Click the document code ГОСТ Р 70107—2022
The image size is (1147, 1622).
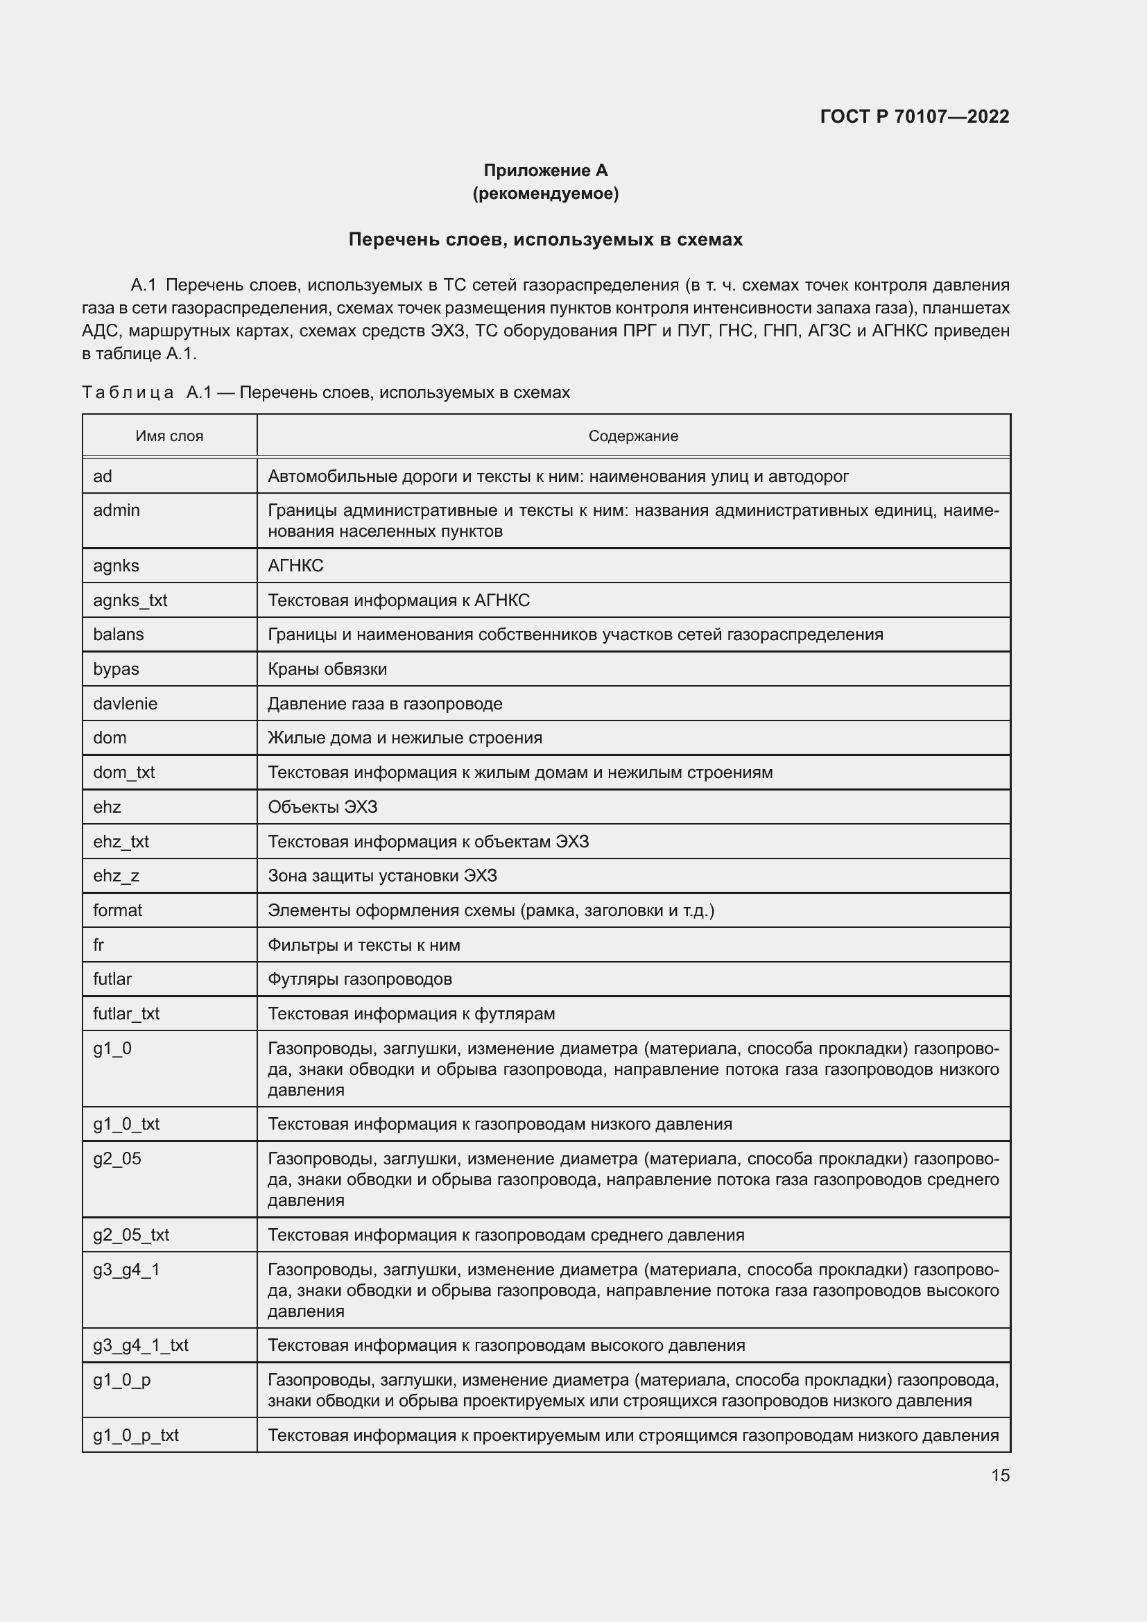coord(914,117)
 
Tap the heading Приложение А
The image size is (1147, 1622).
coord(545,171)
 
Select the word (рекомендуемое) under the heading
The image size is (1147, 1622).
coord(545,193)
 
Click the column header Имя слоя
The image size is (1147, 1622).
coord(169,436)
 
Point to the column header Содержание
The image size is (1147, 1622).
coord(633,436)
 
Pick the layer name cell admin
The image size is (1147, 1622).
coord(117,510)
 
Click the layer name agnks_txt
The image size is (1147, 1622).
coord(130,601)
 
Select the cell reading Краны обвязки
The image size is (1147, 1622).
coord(327,669)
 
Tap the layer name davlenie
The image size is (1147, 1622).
coord(125,704)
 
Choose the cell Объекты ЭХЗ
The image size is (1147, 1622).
coord(322,806)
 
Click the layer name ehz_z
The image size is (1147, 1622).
coord(116,876)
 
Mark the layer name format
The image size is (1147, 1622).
coord(117,910)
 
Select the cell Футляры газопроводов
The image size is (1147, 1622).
coord(359,979)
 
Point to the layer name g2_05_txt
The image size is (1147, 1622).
coord(130,1235)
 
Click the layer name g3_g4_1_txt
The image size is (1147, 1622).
coord(141,1345)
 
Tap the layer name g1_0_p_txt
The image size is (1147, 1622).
coord(136,1435)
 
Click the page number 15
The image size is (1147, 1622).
coord(1000,1475)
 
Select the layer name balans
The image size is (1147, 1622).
coord(118,635)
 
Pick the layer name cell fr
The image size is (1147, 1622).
coord(99,944)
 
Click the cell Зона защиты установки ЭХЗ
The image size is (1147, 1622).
coord(382,876)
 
